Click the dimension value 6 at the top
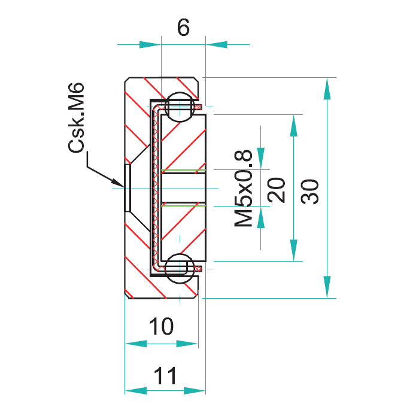point(183,28)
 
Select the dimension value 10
point(161,326)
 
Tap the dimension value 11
point(165,375)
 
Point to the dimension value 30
point(309,192)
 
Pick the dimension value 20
point(276,190)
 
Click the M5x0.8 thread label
point(243,188)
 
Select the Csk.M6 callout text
point(76,118)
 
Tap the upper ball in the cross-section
point(180,107)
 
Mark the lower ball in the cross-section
point(180,268)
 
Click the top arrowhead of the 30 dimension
point(327,89)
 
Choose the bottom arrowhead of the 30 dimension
point(327,287)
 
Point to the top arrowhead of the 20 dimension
point(294,126)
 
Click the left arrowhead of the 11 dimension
point(136,391)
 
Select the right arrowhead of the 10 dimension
point(187,344)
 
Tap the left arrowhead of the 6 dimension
point(150,45)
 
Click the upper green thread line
point(184,170)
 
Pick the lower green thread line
point(184,206)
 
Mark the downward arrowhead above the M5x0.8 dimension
point(261,159)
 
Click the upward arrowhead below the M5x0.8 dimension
point(261,217)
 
